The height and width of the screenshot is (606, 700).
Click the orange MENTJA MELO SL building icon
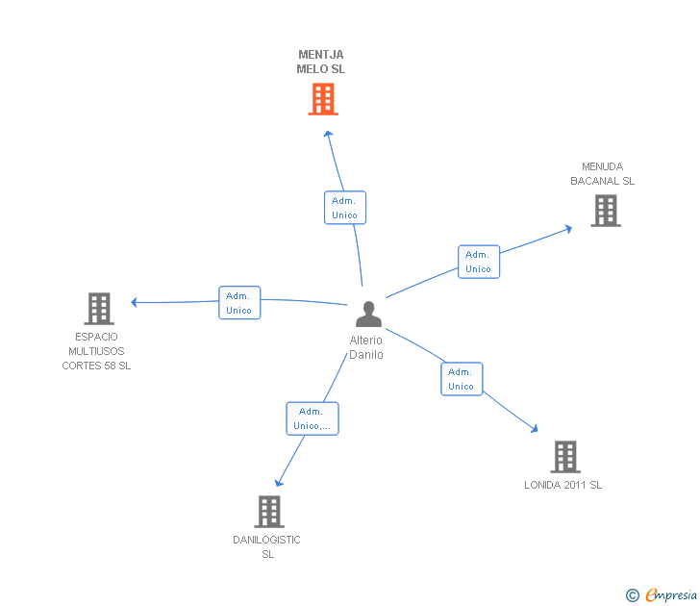pos(323,98)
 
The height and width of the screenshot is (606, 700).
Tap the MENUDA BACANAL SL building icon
pos(605,211)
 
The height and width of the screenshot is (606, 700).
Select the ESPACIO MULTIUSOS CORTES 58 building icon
pos(99,309)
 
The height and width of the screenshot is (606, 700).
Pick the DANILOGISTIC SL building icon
pos(268,512)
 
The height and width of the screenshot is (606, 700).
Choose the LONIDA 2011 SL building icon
pos(564,457)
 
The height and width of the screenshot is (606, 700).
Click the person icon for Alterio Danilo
pos(367,314)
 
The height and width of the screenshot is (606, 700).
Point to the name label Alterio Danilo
pos(366,347)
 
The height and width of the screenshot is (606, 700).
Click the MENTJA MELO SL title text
pos(321,62)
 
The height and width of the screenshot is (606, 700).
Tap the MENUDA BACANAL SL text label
pos(602,174)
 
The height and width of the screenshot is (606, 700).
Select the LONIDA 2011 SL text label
pos(563,485)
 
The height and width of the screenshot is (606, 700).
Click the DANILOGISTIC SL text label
pos(267,546)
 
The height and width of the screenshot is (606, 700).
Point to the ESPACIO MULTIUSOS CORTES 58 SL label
pos(96,351)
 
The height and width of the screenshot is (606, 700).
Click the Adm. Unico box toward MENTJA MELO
pos(344,208)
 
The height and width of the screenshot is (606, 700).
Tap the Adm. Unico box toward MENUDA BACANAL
pos(478,262)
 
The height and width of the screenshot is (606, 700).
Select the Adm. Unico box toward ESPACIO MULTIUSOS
pos(239,303)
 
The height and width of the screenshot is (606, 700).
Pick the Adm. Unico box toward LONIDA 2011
pos(462,379)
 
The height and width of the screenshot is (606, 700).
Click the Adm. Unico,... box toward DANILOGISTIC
pos(312,418)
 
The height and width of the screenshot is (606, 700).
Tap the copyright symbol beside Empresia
pos(632,595)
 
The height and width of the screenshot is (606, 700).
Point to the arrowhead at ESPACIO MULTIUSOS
pos(135,302)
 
